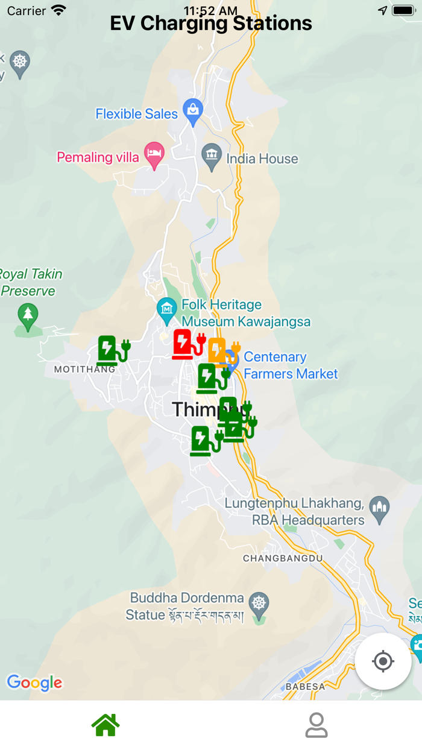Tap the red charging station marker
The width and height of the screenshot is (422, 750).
point(187,344)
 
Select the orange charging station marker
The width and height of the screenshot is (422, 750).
point(222,351)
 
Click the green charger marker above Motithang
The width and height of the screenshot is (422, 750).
point(112,351)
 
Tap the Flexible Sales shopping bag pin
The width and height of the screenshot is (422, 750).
point(193,110)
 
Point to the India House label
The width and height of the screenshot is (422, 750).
point(262,159)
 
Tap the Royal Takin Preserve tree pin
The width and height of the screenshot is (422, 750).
point(27,315)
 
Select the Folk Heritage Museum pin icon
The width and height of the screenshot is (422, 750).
point(166,309)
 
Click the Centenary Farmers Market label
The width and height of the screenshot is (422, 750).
point(290,365)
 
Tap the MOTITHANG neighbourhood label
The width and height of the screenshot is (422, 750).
point(84,369)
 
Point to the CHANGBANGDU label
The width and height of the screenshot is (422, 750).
point(283,558)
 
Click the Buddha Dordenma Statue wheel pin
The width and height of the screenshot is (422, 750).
point(259,605)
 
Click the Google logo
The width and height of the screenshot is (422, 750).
point(34,682)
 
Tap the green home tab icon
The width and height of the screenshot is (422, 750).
point(105,725)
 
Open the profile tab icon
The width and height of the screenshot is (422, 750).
point(316,725)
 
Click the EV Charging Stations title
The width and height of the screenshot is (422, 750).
point(211,24)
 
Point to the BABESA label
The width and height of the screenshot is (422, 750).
point(305,686)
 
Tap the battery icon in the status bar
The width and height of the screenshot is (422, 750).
point(403,10)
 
